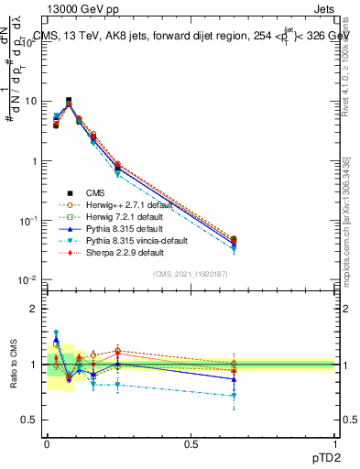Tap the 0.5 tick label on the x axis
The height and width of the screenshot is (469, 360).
point(191,444)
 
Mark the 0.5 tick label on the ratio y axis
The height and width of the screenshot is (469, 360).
point(28,420)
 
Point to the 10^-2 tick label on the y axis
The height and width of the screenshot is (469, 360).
point(26,279)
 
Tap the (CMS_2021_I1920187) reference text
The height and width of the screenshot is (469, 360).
point(191,274)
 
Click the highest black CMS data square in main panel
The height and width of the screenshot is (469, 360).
point(69,101)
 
